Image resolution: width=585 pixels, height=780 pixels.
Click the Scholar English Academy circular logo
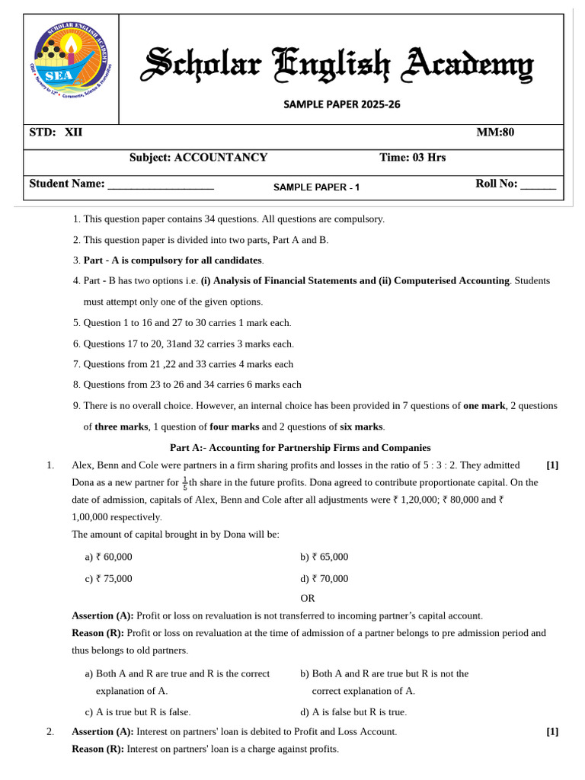click(x=71, y=69)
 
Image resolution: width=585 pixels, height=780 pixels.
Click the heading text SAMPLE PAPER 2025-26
click(x=341, y=104)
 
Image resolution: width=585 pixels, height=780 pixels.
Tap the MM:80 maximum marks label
click(x=495, y=133)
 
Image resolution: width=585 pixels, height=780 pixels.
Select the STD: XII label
click(x=56, y=133)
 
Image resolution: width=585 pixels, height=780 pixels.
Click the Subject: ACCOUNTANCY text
click(x=198, y=158)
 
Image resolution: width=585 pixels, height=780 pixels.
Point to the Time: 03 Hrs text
click(x=412, y=158)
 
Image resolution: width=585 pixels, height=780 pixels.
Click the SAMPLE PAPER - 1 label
click(x=316, y=187)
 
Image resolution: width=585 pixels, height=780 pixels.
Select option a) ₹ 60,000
click(x=108, y=557)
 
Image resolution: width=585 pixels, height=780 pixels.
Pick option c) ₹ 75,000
click(x=108, y=578)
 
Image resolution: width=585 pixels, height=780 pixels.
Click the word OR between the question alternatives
click(x=307, y=598)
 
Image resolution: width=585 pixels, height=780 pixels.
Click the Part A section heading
click(x=300, y=448)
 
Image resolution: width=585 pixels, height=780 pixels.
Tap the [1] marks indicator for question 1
click(x=552, y=465)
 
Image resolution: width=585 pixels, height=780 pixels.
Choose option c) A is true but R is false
click(x=137, y=712)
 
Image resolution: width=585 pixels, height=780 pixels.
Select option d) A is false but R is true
click(x=353, y=712)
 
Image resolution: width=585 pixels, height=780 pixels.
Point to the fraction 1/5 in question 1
click(x=185, y=484)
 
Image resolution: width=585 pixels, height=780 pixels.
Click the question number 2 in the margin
click(x=50, y=732)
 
